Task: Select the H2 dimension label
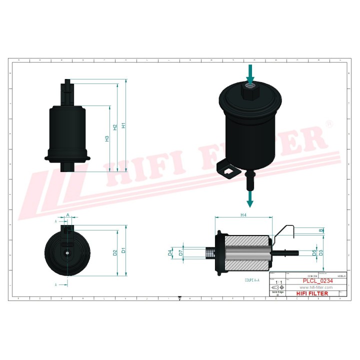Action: [x=115, y=127]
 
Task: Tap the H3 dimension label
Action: [x=107, y=139]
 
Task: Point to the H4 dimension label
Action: [x=243, y=215]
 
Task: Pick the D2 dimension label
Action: [x=115, y=252]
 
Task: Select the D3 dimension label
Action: [x=321, y=252]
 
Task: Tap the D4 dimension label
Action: [x=170, y=253]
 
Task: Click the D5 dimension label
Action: [x=314, y=252]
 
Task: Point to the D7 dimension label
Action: [x=180, y=253]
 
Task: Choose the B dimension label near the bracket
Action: [x=321, y=230]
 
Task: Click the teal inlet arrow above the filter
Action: [x=250, y=73]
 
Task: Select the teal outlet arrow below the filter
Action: [x=250, y=198]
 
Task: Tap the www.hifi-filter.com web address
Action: [x=316, y=288]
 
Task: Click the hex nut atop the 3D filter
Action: [x=250, y=91]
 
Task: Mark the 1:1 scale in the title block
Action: [x=277, y=283]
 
